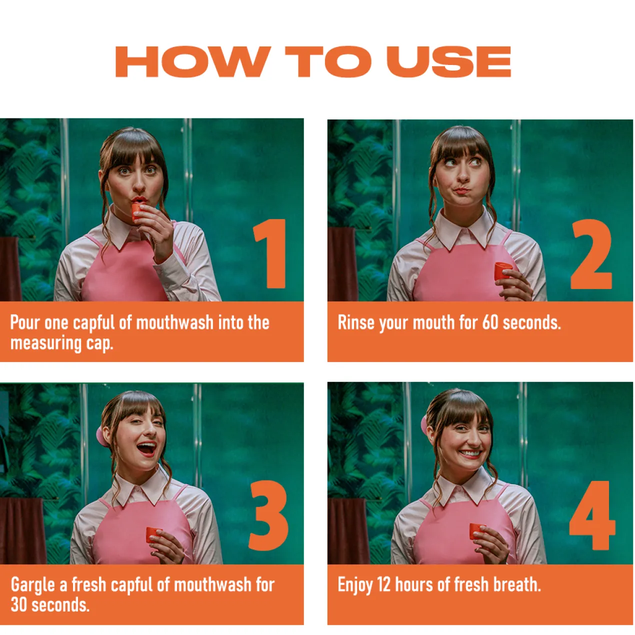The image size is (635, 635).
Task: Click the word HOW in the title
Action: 193,61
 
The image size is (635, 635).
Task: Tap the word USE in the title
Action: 449,61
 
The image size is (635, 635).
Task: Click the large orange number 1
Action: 270,253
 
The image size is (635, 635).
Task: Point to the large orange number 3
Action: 268,516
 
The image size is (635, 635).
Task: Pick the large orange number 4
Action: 592,515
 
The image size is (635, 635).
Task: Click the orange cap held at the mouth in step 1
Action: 136,211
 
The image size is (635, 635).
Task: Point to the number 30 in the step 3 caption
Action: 19,605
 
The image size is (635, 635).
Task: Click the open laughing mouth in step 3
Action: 146,448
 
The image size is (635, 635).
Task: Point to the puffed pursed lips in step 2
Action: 462,191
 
